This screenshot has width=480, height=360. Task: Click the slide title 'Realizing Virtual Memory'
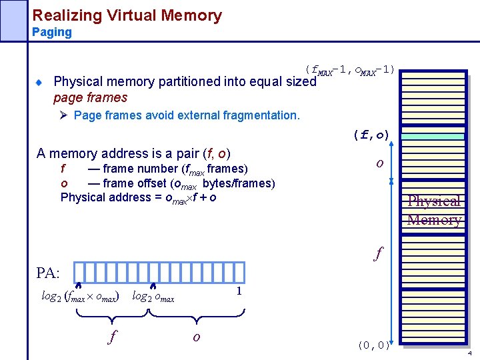click(127, 15)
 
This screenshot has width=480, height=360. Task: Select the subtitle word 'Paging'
click(51, 33)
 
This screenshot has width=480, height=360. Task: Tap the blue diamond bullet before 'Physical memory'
click(39, 83)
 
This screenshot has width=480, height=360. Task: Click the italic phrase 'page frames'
click(90, 98)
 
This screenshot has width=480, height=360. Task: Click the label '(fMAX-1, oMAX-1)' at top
click(349, 70)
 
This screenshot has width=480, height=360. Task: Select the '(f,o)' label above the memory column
click(372, 135)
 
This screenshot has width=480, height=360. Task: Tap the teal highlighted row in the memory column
click(434, 136)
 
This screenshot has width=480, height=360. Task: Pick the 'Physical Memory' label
click(434, 211)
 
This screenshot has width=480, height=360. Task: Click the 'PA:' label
click(48, 273)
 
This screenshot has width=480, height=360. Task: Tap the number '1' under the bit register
click(238, 291)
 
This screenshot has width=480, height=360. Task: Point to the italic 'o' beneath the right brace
click(196, 337)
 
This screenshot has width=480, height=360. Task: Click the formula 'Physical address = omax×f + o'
click(138, 197)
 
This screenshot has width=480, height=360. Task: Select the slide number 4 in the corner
click(470, 353)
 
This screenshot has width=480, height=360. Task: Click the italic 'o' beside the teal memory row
click(379, 163)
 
